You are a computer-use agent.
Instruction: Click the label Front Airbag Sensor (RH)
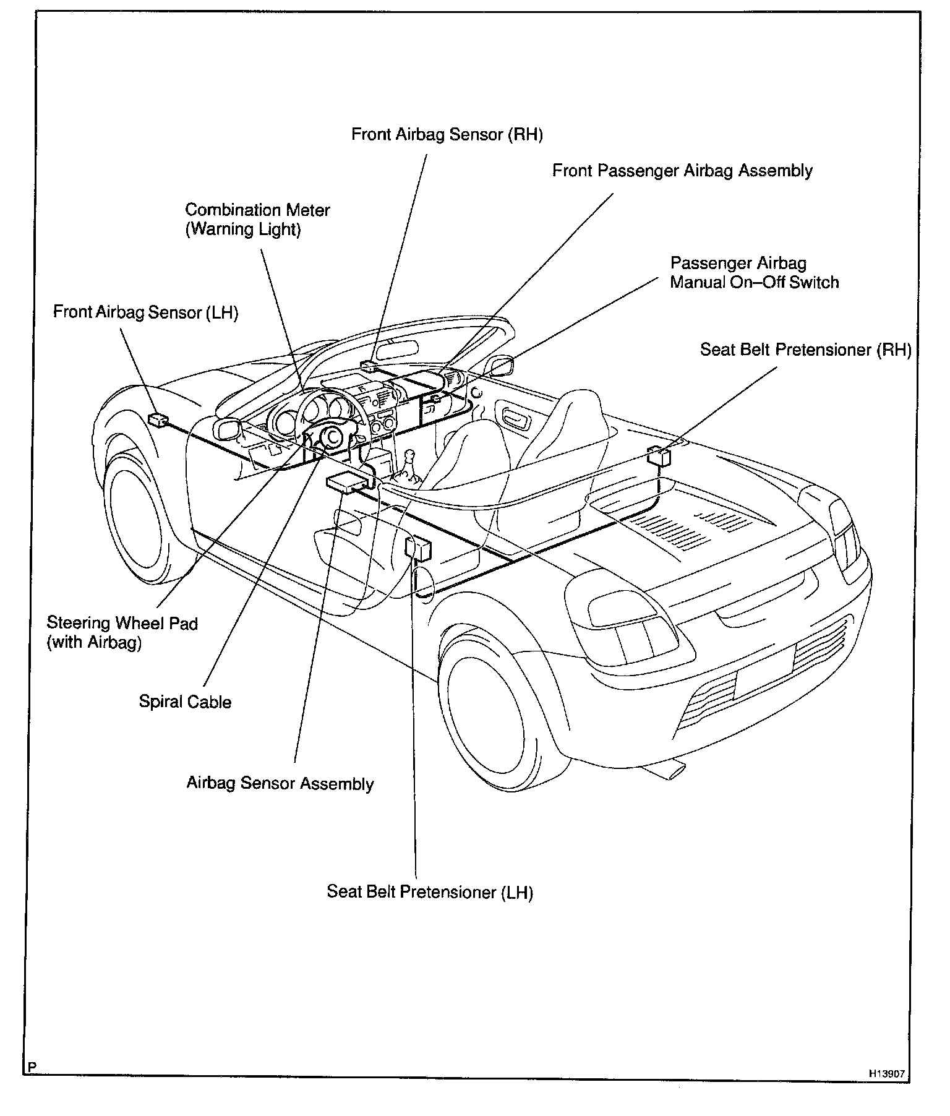[447, 135]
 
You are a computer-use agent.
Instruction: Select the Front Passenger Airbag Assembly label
[682, 171]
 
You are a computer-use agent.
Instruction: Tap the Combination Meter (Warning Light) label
[257, 220]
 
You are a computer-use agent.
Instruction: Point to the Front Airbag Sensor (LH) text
[145, 312]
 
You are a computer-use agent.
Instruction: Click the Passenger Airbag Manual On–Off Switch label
[754, 273]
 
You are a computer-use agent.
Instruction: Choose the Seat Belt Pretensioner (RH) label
[805, 350]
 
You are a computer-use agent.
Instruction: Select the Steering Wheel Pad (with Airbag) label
[122, 632]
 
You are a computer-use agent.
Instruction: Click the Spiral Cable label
[185, 702]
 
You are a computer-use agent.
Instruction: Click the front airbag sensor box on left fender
[158, 419]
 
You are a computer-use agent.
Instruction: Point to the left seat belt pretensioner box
[418, 547]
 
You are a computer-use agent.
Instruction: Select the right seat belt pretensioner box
[659, 457]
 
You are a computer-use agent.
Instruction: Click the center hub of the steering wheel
[332, 437]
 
